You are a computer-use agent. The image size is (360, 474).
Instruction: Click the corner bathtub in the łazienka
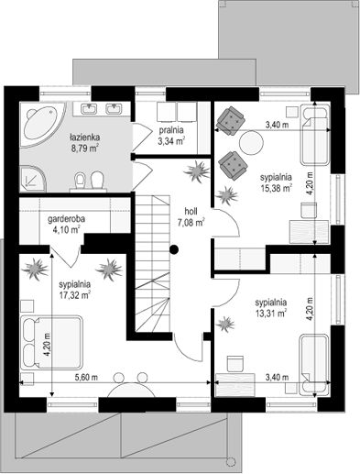click(x=43, y=126)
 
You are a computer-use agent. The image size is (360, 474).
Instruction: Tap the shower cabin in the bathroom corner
click(x=33, y=179)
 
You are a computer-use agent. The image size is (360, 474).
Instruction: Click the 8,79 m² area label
click(x=84, y=149)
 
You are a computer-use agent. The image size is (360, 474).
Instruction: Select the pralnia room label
click(x=171, y=130)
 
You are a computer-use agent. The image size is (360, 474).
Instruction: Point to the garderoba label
click(x=67, y=219)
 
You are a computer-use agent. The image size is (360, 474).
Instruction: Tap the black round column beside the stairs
click(x=174, y=249)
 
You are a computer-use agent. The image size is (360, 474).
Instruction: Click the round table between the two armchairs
click(x=251, y=143)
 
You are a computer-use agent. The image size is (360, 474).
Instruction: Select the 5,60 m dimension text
click(x=86, y=378)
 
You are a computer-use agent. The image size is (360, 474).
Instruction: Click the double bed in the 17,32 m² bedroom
click(x=52, y=342)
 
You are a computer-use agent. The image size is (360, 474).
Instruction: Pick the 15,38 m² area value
click(x=277, y=187)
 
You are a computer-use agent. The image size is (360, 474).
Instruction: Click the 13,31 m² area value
click(x=271, y=313)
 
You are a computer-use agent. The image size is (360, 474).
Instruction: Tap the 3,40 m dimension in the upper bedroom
click(x=277, y=125)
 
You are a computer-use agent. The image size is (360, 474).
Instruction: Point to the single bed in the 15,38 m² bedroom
click(x=315, y=135)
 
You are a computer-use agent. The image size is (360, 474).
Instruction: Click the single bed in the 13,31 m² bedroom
click(x=314, y=365)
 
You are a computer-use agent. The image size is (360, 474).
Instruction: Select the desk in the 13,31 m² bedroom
click(x=235, y=385)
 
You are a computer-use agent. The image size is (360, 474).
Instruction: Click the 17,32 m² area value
click(x=75, y=294)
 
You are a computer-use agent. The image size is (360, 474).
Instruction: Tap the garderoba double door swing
click(x=65, y=256)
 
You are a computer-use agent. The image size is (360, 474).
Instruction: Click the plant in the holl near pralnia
click(x=197, y=171)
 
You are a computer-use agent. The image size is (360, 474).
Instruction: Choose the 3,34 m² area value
click(x=171, y=140)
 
